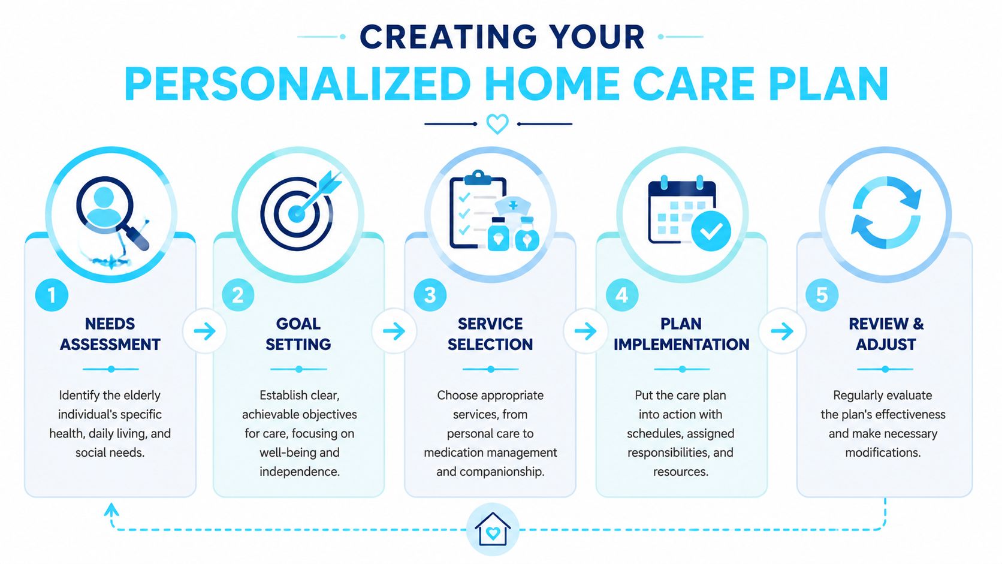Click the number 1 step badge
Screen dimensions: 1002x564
(x=52, y=295)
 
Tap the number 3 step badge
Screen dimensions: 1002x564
(x=430, y=295)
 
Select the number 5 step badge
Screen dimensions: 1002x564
(x=822, y=295)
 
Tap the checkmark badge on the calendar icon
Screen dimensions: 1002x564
(x=711, y=231)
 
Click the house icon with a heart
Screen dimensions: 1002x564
(x=493, y=529)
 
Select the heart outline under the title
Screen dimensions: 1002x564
(x=497, y=124)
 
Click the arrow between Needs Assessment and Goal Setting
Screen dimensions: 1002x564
(x=205, y=331)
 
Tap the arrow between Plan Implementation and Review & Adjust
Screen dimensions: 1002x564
(x=783, y=331)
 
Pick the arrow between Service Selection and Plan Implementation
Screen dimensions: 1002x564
(x=585, y=331)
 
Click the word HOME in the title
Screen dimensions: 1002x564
(x=552, y=84)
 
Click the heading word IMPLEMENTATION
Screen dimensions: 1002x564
(x=681, y=345)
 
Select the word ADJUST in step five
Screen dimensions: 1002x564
(x=886, y=345)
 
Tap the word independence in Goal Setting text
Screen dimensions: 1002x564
(x=300, y=472)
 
